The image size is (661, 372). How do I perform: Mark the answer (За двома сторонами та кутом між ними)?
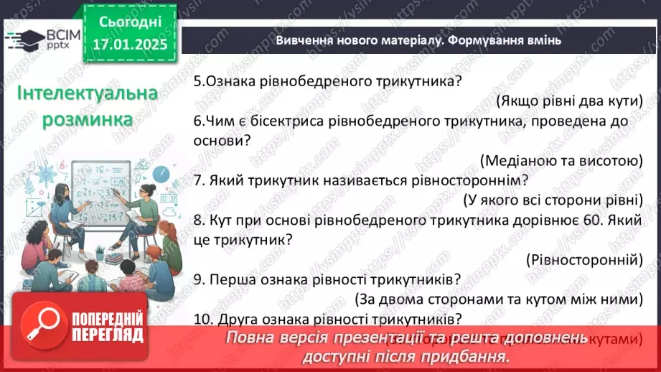click(497, 298)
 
